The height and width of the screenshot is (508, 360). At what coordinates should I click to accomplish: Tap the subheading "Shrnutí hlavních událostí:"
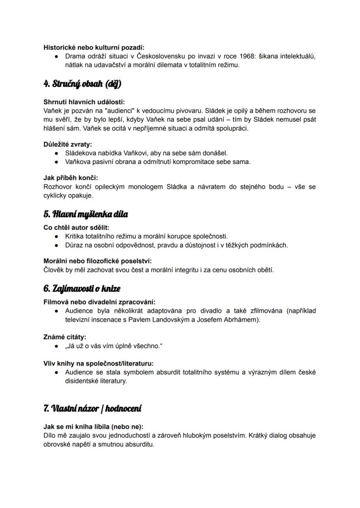pyautogui.click(x=84, y=102)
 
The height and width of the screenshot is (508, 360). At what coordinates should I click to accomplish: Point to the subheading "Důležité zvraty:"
pyautogui.click(x=67, y=145)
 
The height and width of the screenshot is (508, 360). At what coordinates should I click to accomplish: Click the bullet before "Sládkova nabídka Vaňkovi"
pyautogui.click(x=57, y=153)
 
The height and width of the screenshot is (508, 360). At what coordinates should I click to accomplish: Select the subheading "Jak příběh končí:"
pyautogui.click(x=70, y=178)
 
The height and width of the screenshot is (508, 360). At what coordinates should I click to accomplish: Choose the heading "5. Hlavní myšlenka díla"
pyautogui.click(x=86, y=214)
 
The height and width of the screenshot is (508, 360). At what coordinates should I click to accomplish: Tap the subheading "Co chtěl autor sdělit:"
pyautogui.click(x=77, y=227)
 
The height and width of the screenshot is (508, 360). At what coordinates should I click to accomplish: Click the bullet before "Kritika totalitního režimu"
pyautogui.click(x=57, y=236)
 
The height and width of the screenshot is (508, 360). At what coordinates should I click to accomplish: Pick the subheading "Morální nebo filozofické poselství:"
pyautogui.click(x=97, y=261)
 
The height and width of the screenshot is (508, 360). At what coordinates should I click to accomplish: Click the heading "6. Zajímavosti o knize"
pyautogui.click(x=82, y=289)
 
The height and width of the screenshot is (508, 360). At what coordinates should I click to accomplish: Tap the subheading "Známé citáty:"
pyautogui.click(x=65, y=337)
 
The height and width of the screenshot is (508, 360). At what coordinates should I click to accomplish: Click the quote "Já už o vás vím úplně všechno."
pyautogui.click(x=115, y=346)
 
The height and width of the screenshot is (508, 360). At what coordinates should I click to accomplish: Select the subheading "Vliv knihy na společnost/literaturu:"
pyautogui.click(x=98, y=363)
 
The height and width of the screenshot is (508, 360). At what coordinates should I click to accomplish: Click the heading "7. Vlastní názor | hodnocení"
pyautogui.click(x=92, y=408)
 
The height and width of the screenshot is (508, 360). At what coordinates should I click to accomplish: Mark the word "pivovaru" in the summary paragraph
pyautogui.click(x=189, y=111)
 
